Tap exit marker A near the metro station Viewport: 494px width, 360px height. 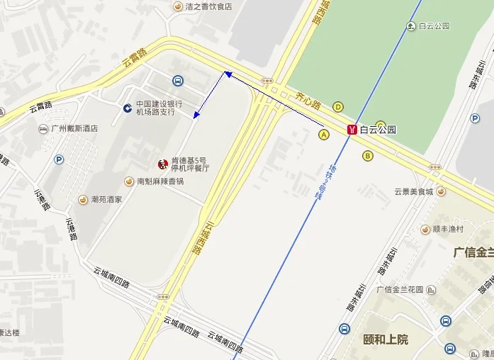[x=325, y=133]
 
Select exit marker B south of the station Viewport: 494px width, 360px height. [x=367, y=155]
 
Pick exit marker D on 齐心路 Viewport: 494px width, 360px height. [x=338, y=107]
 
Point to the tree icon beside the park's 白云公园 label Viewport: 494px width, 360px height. [x=411, y=26]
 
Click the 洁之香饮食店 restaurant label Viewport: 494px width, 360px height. [x=208, y=6]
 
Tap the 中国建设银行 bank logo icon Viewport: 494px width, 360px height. [x=127, y=108]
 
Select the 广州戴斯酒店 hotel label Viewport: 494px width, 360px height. [x=74, y=129]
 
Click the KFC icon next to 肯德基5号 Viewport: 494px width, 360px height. [x=162, y=164]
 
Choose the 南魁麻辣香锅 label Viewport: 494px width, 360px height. [x=160, y=181]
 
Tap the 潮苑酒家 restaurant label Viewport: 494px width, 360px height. [x=106, y=199]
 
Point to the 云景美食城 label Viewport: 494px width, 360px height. [x=414, y=191]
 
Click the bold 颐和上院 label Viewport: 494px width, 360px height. [x=386, y=339]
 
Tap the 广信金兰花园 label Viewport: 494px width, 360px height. [x=400, y=289]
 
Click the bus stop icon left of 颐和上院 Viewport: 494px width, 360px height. [x=344, y=329]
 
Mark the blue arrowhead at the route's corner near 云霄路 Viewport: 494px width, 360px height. [x=228, y=73]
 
